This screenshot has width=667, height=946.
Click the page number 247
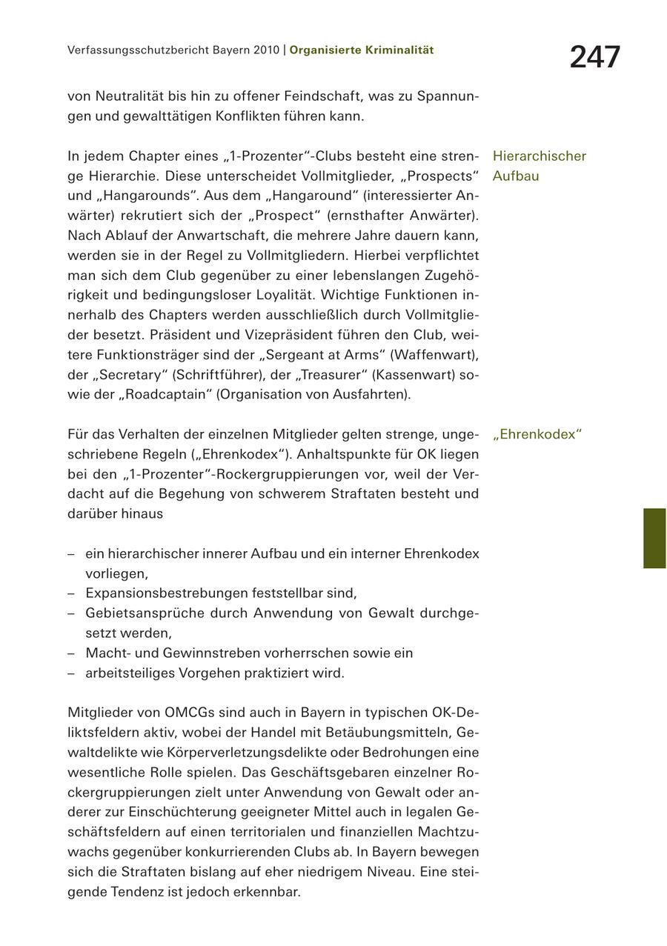click(x=594, y=57)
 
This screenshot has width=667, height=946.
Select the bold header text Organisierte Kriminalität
click(x=362, y=50)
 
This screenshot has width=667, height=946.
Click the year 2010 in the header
click(x=265, y=50)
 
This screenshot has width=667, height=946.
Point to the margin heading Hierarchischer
click(x=539, y=156)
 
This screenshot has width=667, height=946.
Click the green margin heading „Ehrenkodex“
click(x=537, y=435)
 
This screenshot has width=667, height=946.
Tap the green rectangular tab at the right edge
click(x=654, y=538)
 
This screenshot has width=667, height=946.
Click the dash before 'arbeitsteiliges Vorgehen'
click(x=71, y=673)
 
